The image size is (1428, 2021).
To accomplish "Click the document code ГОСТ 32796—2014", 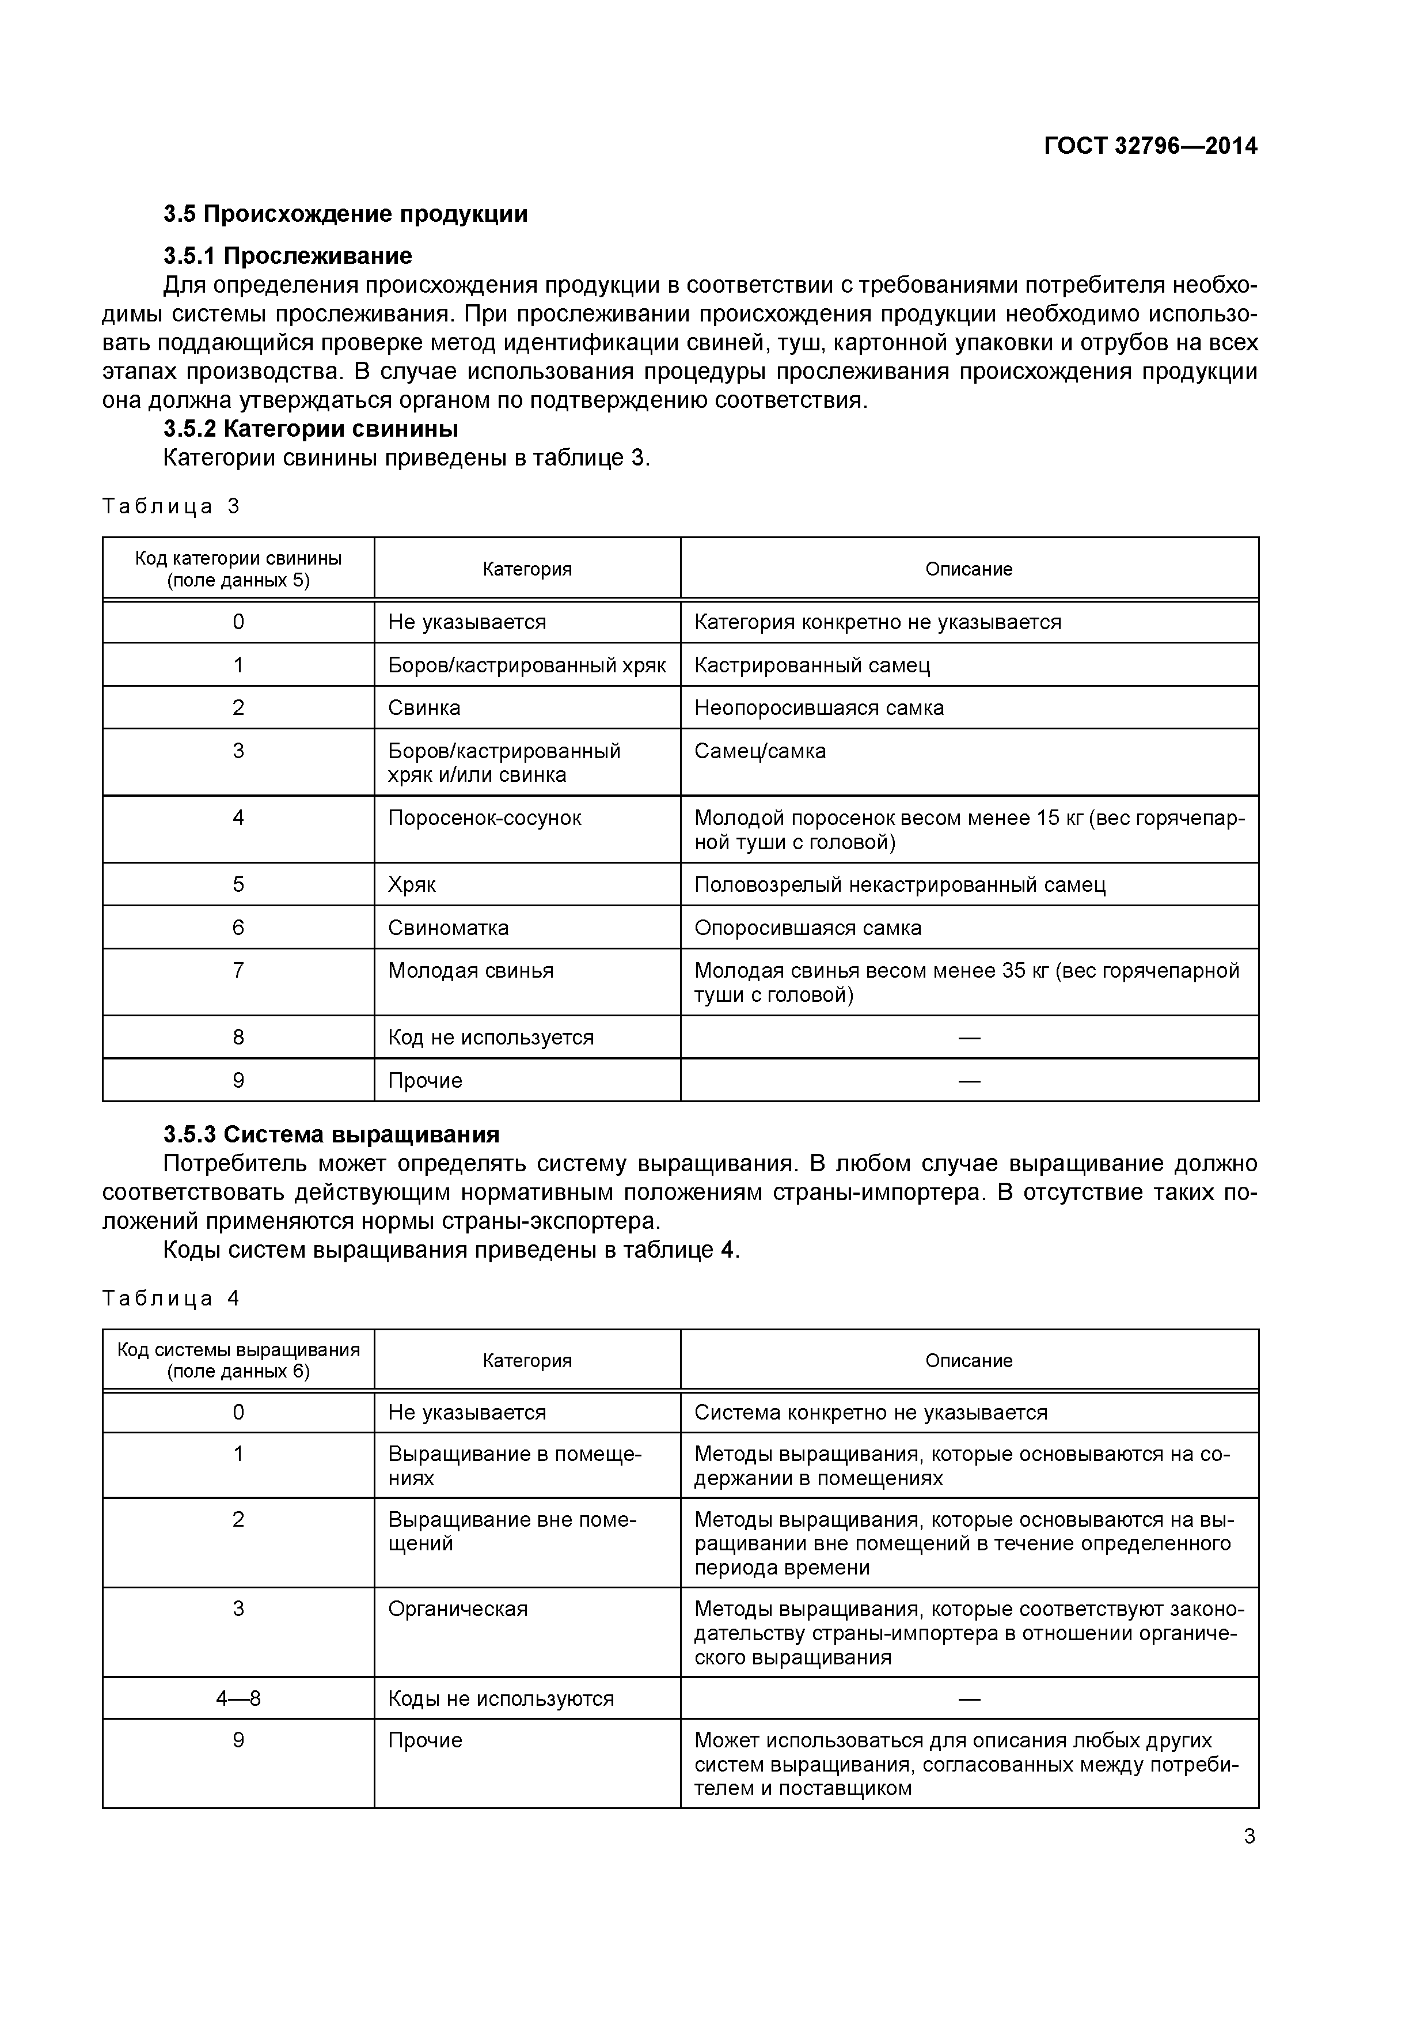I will click(1150, 146).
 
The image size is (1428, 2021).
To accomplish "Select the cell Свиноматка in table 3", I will click(448, 928).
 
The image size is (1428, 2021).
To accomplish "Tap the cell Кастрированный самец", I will click(811, 665).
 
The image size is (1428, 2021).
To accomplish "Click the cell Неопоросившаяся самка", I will click(818, 707).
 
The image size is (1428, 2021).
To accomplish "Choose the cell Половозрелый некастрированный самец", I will click(899, 885).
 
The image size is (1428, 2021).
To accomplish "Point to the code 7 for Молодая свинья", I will click(238, 970).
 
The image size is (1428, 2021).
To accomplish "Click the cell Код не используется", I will click(491, 1037).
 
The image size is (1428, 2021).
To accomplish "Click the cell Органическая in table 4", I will click(458, 1609).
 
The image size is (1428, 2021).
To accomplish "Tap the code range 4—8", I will click(238, 1699).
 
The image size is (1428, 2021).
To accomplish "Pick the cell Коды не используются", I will click(500, 1699).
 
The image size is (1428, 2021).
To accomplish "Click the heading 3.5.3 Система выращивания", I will click(331, 1134).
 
